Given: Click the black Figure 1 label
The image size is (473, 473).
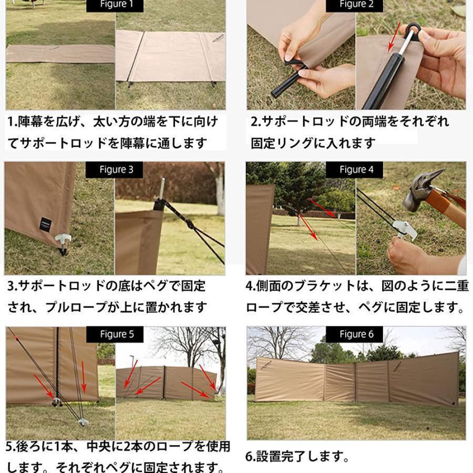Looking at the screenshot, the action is click(115, 5).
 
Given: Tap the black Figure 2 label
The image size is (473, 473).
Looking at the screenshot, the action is click(354, 5).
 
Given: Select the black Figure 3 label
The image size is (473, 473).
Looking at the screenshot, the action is click(115, 170).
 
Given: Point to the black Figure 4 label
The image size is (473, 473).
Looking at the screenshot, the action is click(354, 170).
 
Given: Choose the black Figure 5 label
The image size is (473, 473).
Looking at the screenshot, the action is click(115, 334).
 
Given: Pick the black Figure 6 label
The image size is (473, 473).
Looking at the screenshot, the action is click(354, 334).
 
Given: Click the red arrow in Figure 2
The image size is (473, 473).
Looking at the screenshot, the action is click(394, 36).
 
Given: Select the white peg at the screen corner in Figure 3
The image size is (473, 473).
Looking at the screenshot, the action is click(63, 240).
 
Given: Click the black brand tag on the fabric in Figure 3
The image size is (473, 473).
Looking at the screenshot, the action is click(46, 225).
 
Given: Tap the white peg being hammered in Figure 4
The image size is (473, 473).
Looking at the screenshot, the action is click(404, 231).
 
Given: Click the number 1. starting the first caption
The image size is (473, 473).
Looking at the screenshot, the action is click(13, 121).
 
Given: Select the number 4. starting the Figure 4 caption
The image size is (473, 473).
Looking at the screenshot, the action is click(251, 286).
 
